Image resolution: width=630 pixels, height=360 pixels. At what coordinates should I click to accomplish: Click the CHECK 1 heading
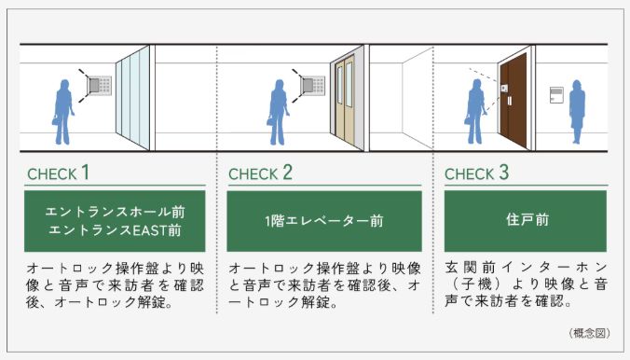tap(59, 173)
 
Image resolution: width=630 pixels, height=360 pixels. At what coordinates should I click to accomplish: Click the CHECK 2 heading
tap(260, 173)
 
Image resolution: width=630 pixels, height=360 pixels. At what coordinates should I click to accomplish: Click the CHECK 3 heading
tap(476, 173)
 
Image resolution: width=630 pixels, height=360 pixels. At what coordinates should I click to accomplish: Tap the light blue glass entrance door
tap(131, 99)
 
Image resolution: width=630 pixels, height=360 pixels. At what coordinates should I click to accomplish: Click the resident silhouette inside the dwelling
tap(577, 112)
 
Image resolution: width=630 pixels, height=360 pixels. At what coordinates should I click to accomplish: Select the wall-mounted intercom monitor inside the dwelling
tap(556, 94)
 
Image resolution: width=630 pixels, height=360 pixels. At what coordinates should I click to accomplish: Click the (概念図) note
tap(586, 332)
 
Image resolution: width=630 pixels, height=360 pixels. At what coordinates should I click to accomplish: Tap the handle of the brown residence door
tap(507, 100)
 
